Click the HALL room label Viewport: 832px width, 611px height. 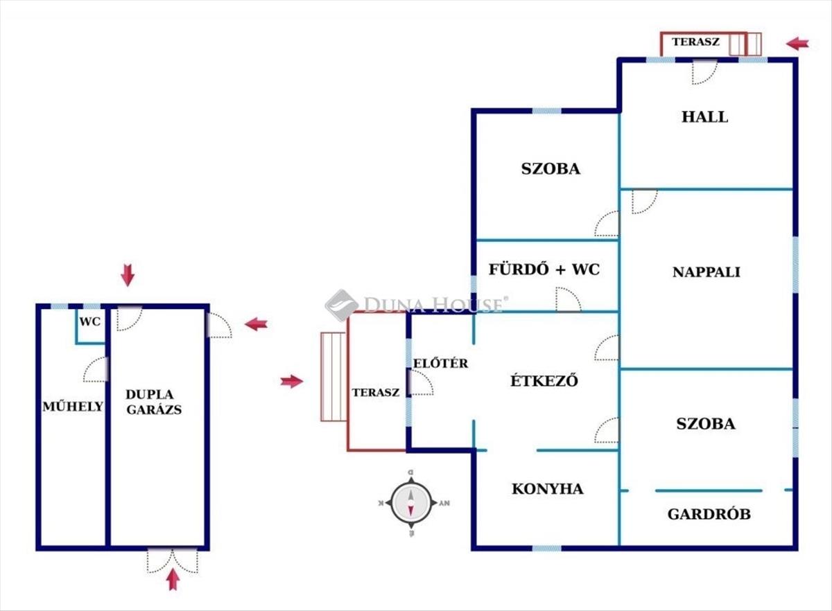704,117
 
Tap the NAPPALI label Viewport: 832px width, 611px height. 706,272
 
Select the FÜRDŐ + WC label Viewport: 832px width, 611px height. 544,269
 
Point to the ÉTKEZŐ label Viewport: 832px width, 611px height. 544,380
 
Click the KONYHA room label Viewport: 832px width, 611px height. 547,489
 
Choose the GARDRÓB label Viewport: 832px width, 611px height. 709,515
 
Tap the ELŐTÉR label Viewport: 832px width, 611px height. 440,363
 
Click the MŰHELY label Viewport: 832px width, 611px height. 73,407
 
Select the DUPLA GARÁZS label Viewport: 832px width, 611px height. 153,402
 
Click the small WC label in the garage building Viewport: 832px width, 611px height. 89,322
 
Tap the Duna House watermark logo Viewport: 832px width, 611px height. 416,305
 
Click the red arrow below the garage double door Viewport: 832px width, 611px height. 173,578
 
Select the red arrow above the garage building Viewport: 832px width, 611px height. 128,275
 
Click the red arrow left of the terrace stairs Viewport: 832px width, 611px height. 292,381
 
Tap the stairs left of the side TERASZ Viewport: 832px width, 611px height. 333,376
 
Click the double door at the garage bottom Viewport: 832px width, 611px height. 173,560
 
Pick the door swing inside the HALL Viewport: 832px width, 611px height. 704,71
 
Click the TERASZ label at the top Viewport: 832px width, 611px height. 695,42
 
